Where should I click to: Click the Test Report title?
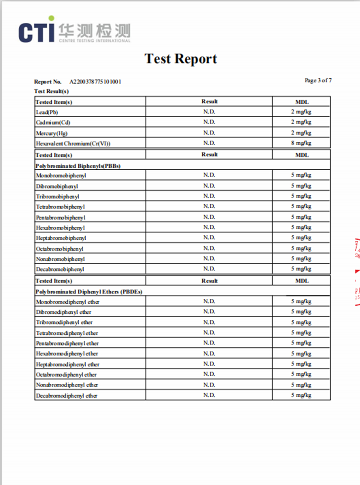(180, 59)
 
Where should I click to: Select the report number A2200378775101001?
(95, 82)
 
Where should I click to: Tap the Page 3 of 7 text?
(318, 80)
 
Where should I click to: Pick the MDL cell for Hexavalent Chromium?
(301, 143)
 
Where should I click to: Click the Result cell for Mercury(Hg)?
(209, 132)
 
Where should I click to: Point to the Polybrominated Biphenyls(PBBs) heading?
(78, 166)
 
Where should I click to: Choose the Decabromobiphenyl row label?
(60, 269)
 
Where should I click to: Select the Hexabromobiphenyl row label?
(60, 228)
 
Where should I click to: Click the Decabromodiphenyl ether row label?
(66, 396)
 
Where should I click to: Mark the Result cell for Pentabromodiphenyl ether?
(209, 343)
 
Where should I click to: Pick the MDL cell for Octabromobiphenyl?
(301, 248)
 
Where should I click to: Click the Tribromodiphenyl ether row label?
(64, 322)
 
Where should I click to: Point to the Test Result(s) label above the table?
(51, 91)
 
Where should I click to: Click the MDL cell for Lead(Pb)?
(301, 112)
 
